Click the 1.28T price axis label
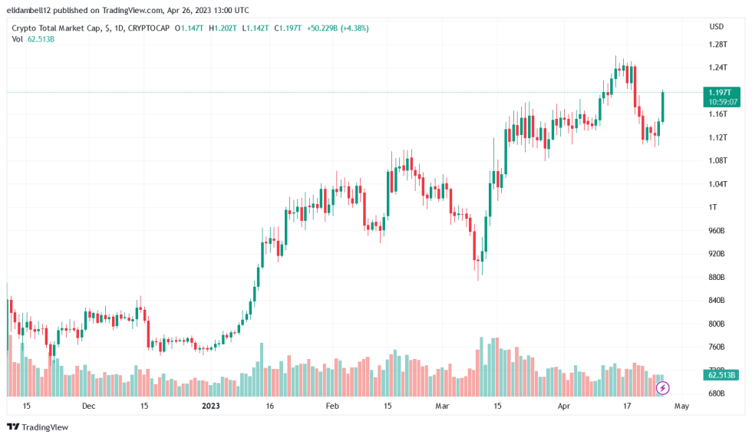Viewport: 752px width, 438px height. (717, 44)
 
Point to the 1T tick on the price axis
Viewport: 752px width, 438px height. (713, 207)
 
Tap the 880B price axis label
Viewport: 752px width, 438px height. (717, 277)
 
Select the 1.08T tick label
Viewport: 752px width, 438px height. (717, 160)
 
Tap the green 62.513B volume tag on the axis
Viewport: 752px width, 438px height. (722, 375)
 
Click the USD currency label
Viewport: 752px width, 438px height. (717, 27)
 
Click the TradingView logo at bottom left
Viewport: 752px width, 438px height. (38, 426)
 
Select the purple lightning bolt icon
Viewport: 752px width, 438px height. (663, 388)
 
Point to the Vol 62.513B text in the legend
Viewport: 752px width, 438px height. (31, 39)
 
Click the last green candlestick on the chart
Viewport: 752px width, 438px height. (663, 107)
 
